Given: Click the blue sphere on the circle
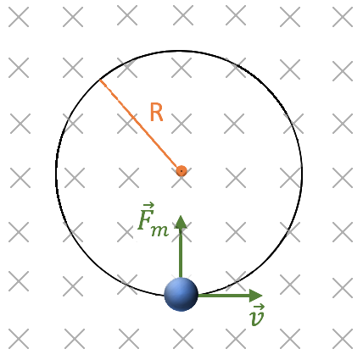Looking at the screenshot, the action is pos(181,294).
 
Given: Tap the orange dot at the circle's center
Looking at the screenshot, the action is pos(181,171).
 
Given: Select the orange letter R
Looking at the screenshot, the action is pos(156,112).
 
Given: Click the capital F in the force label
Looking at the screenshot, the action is pos(145,220).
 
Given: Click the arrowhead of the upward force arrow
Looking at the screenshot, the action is pos(181,222).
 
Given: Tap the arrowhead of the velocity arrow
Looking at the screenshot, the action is pos(256,296).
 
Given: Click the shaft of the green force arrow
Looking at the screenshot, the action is pos(181,253).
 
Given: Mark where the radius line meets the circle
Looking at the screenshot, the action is pos(100,80).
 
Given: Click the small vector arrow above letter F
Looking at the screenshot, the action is pos(148,204).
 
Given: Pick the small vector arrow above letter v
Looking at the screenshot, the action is pos(260,307).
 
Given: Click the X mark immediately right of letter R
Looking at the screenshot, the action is pos(181,124).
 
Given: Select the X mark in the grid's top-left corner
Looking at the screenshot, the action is pos(19,17).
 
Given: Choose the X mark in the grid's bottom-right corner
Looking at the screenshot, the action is pos(343,339).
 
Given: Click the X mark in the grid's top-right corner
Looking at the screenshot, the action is pos(343,17).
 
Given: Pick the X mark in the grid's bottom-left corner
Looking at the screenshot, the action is pos(19,339).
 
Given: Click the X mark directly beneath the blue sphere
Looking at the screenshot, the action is pos(183,339).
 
